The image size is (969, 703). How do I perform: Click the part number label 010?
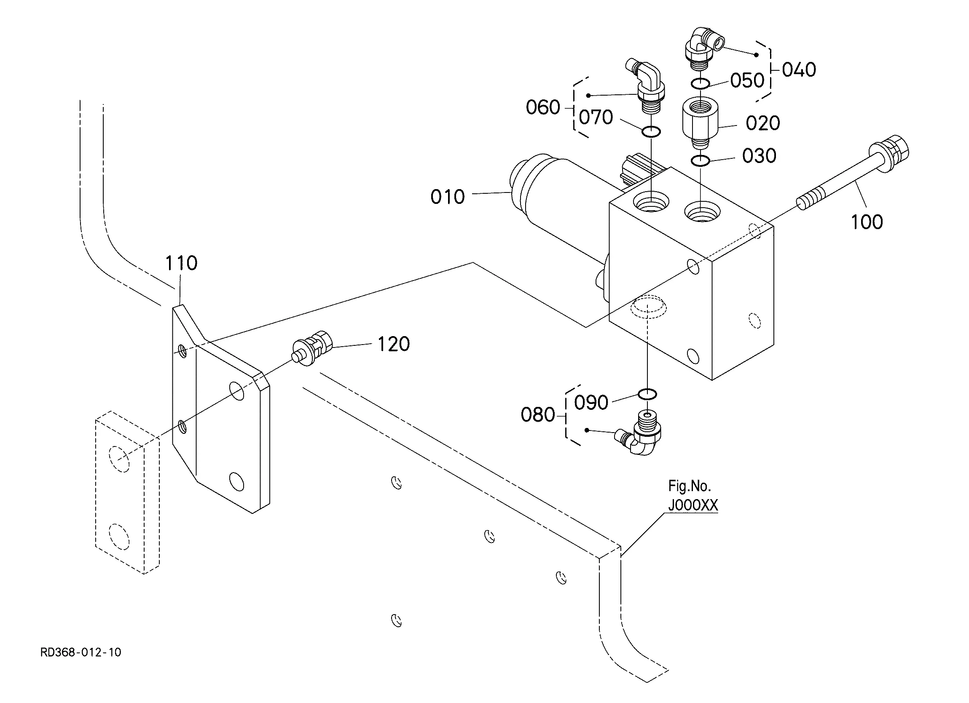point(447,197)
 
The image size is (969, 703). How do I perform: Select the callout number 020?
point(762,123)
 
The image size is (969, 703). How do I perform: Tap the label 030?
point(759,156)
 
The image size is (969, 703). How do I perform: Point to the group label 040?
point(799,69)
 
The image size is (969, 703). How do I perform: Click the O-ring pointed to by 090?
point(647,394)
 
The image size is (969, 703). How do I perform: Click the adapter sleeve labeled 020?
point(700,120)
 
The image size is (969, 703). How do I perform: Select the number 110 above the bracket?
point(181,263)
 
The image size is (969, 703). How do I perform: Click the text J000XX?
point(693,506)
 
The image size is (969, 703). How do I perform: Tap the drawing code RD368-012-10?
point(81,652)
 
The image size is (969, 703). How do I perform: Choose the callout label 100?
point(867,222)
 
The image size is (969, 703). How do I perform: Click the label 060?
point(542,107)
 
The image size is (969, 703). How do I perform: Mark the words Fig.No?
point(689,486)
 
